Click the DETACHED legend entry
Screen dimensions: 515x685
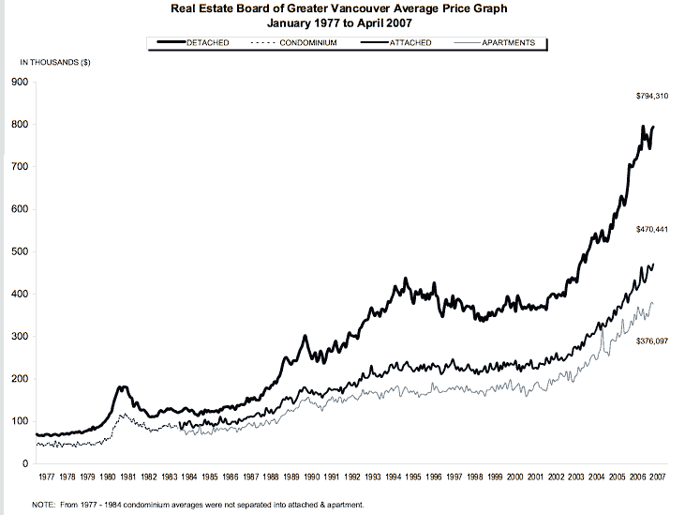coord(208,43)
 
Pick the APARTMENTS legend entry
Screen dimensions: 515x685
coord(508,43)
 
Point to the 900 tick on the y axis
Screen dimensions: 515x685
coord(19,83)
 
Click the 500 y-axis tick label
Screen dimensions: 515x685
coord(19,251)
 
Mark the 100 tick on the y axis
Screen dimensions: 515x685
coord(19,421)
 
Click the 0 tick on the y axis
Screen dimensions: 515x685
coord(24,463)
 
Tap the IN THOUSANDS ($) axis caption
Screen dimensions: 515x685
coord(55,62)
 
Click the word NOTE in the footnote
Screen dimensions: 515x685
coord(43,505)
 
